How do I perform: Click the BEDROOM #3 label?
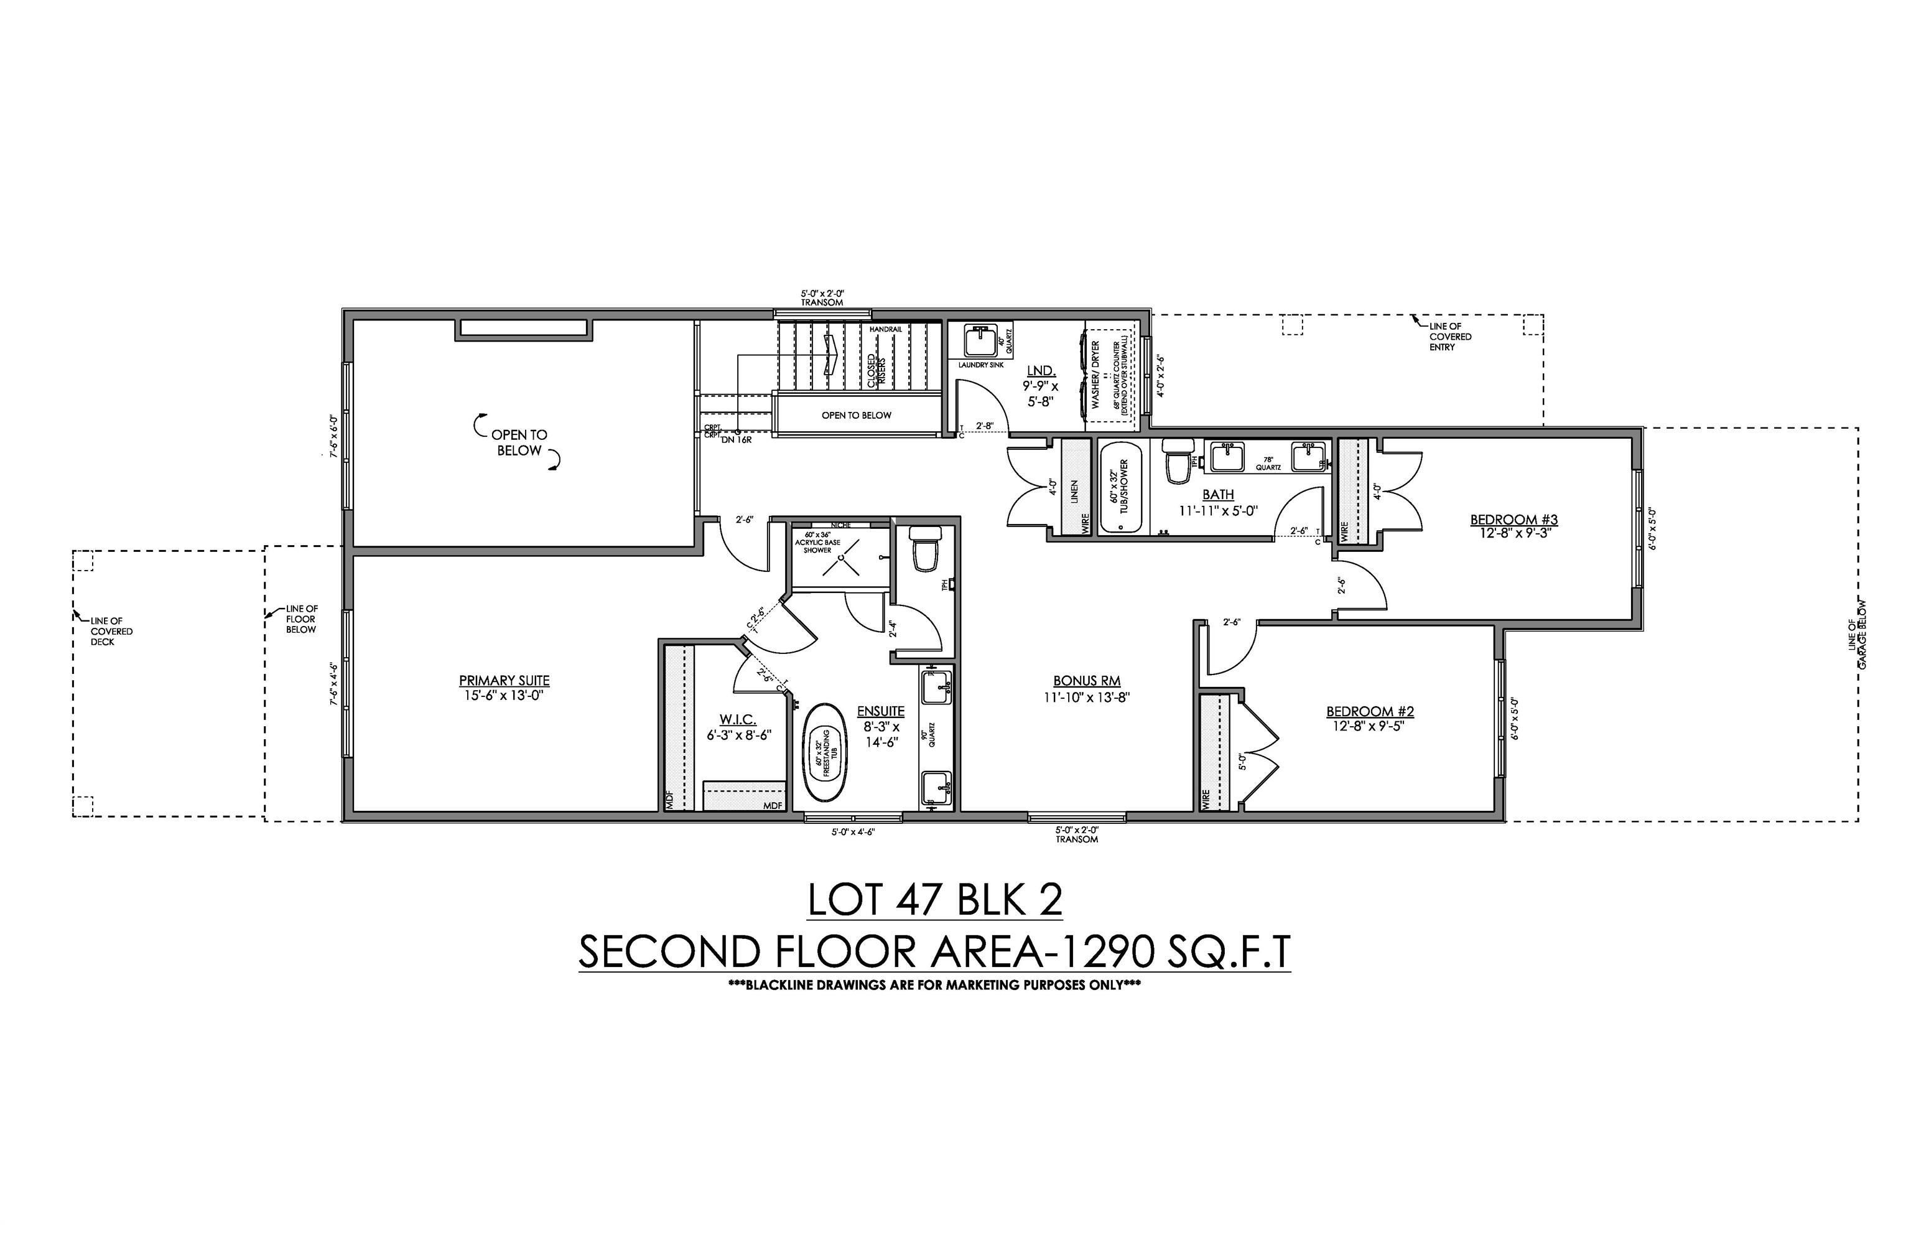click(1513, 520)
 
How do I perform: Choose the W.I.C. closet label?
click(738, 720)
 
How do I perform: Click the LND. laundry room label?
click(1041, 371)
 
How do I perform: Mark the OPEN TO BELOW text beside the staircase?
click(856, 415)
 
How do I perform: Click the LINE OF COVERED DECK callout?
click(111, 632)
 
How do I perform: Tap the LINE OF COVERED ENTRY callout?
click(1450, 337)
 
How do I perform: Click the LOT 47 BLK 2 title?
click(934, 900)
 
